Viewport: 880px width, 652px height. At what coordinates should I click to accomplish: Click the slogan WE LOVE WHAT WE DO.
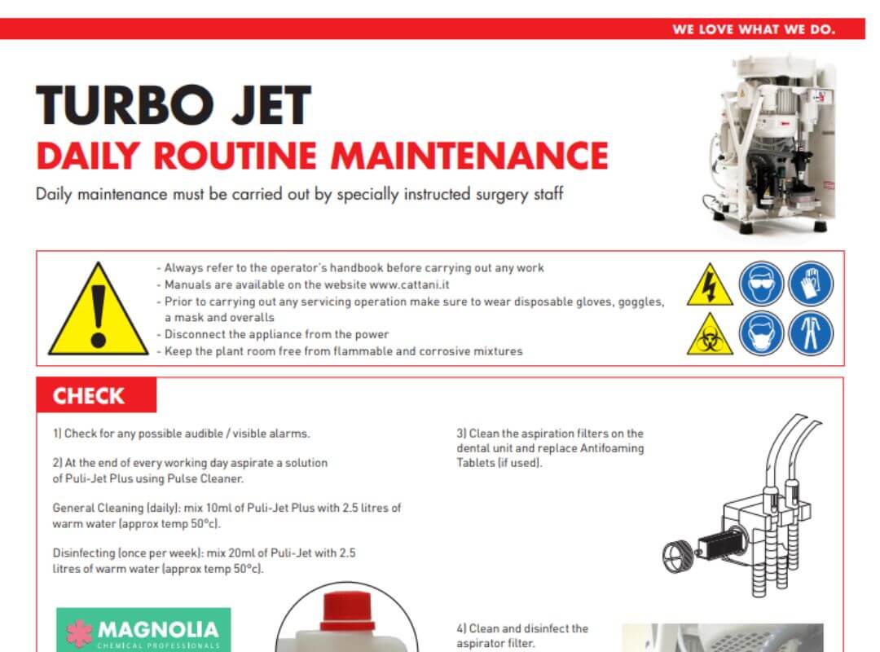click(x=753, y=29)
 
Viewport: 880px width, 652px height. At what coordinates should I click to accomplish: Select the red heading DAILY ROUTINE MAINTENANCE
click(x=323, y=155)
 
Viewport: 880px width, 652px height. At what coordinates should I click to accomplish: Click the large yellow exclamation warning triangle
click(x=99, y=311)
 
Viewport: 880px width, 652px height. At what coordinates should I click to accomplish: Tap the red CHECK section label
click(x=89, y=397)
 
